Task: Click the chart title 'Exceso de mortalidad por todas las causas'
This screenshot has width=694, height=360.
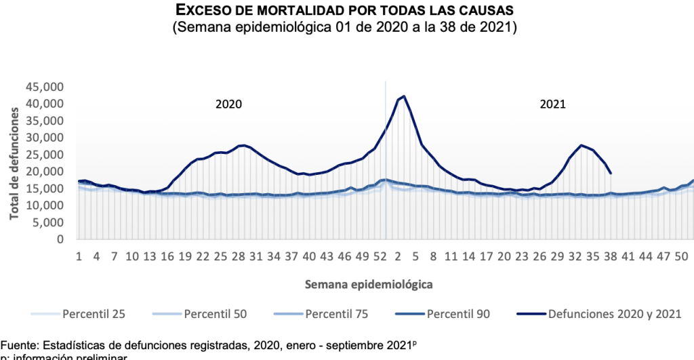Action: tap(346, 11)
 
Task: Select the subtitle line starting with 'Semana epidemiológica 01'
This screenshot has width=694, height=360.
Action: tap(346, 28)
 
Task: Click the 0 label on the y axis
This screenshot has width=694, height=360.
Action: tap(60, 239)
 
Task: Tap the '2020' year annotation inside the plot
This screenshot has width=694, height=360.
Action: tap(228, 104)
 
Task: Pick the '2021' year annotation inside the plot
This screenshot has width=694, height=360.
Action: tap(553, 104)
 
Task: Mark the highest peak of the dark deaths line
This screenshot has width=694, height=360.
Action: tap(404, 96)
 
